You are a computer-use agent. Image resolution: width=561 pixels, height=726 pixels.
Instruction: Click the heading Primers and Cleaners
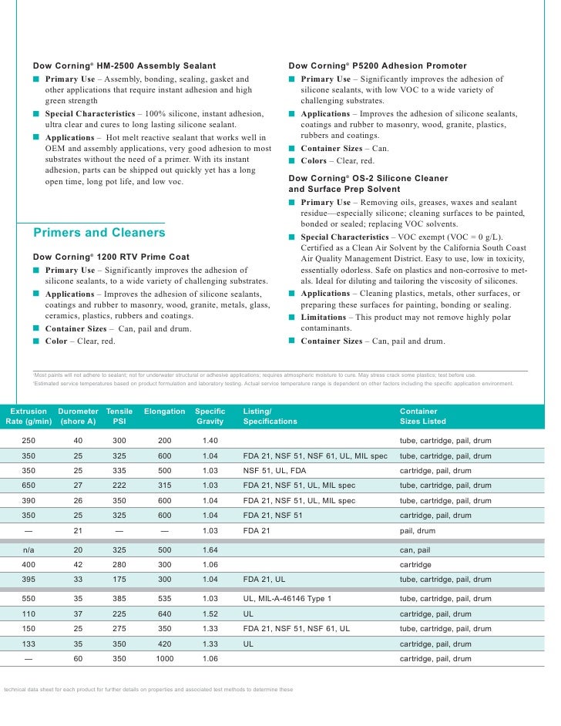(x=99, y=233)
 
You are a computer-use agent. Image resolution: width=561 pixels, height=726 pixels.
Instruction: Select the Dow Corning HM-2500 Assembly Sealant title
(x=124, y=66)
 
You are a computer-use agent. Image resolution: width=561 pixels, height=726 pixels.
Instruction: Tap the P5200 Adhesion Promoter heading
(x=377, y=66)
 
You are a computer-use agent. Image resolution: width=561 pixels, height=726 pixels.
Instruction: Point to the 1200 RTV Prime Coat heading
(x=111, y=257)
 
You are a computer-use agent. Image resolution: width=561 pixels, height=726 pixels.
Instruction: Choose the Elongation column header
(x=164, y=412)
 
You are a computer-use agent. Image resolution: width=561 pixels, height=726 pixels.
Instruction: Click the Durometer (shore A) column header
(x=78, y=416)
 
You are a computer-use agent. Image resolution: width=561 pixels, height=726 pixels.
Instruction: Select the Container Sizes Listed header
(x=422, y=416)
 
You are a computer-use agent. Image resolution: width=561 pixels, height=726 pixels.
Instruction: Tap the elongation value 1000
(x=165, y=659)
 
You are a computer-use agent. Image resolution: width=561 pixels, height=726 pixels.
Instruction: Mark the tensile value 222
(x=119, y=486)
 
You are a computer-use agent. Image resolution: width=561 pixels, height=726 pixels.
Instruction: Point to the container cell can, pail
(x=416, y=550)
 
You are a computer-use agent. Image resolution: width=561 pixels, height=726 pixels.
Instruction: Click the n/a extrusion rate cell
(x=28, y=550)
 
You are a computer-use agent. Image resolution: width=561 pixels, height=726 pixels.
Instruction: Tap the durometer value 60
(x=78, y=659)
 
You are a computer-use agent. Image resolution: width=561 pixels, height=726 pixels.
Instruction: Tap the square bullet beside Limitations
(x=292, y=318)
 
